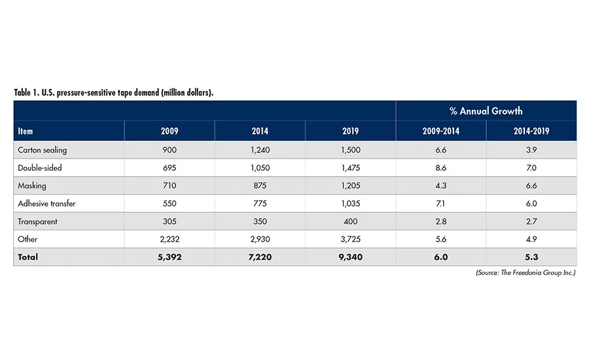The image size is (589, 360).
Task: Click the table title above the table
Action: pos(114,92)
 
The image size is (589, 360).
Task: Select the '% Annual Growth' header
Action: pos(486,111)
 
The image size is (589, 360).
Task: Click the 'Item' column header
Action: pos(26,131)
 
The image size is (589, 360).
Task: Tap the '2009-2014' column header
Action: pos(440,131)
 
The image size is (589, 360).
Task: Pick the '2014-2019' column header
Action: pos(531,131)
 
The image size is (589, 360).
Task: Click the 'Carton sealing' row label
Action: pos(43,150)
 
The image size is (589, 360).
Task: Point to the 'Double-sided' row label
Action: pos(40,168)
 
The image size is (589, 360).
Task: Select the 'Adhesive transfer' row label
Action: pos(47,204)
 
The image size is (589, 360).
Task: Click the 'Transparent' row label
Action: pos(38,221)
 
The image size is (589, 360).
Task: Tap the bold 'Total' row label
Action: pos(28,257)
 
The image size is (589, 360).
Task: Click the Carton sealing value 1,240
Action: pos(260,150)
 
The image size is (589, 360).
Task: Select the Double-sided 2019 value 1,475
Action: pos(350,168)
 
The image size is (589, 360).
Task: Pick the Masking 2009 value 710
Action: pos(170,186)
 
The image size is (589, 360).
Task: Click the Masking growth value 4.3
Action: pos(440,186)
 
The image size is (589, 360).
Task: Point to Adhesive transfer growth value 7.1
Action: pos(440,204)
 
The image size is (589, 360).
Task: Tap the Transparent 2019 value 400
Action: pos(350,221)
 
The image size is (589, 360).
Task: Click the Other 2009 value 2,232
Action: pos(170,240)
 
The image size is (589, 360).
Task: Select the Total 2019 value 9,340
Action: pos(350,257)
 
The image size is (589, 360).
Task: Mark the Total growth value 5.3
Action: pos(531,257)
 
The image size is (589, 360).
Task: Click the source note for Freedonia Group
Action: pos(526,272)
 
